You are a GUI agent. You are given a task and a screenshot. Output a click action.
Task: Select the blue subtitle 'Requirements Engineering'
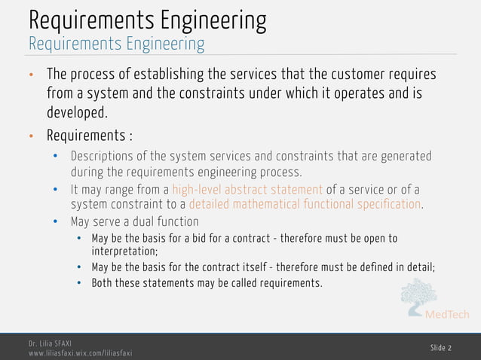pos(116,44)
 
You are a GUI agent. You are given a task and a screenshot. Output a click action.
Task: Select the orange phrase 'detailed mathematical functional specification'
pos(305,204)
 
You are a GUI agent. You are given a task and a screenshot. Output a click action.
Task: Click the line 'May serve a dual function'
pos(134,221)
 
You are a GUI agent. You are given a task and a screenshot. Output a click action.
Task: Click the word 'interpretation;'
pos(124,252)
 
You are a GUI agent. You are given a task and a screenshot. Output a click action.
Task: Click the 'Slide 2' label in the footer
pos(441,346)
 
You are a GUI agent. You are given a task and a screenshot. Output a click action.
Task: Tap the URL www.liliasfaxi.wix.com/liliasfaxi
pos(81,352)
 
